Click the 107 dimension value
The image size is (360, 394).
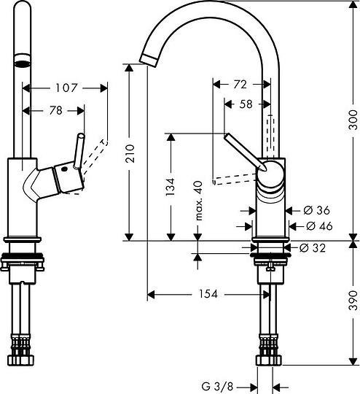(x=66, y=88)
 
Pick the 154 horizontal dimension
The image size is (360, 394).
(x=207, y=294)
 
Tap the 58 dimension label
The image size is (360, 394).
(x=246, y=104)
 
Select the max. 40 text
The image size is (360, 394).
(x=197, y=204)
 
